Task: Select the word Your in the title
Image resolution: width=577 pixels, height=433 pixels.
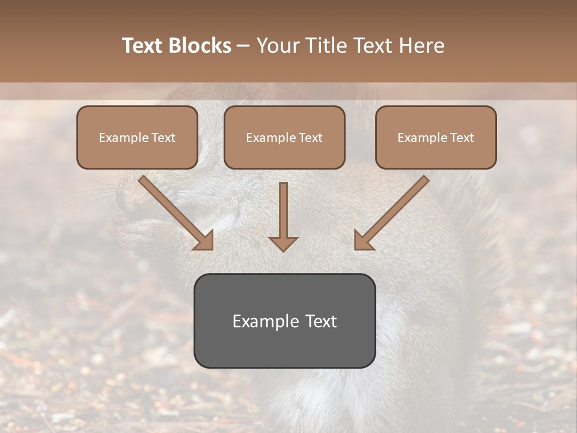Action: [277, 46]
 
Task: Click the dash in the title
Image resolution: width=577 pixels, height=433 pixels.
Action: [243, 46]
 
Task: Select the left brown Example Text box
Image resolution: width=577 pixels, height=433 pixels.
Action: [137, 137]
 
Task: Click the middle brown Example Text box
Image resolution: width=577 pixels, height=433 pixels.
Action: [284, 137]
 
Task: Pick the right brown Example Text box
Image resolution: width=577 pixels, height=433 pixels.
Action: [436, 137]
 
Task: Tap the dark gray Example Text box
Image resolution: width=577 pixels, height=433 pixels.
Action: [284, 321]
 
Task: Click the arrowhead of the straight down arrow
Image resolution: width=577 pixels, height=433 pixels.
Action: [283, 244]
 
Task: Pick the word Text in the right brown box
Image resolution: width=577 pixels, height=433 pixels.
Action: [462, 137]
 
